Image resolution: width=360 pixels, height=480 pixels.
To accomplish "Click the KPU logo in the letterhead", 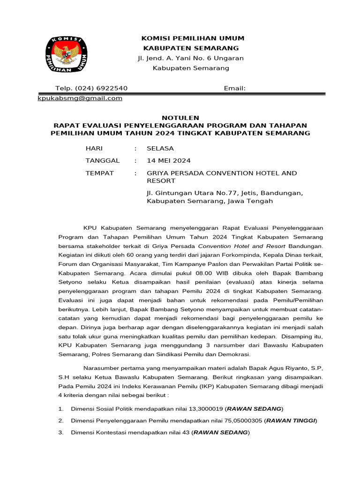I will click(x=66, y=53).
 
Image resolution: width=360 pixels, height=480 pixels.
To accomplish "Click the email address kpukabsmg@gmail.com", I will click(x=80, y=98).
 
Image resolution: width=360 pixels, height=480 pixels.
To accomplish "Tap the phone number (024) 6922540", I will click(x=104, y=88).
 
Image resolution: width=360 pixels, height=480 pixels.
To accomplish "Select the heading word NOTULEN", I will click(x=180, y=118).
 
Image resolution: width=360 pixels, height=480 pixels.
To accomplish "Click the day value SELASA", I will click(x=160, y=148).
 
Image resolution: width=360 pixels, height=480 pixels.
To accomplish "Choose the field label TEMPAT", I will click(x=99, y=173).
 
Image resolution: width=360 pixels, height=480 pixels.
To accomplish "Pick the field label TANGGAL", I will click(x=102, y=160).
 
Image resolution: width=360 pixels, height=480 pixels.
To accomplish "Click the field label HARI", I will click(x=94, y=148).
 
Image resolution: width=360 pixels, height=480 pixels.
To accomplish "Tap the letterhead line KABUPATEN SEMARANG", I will click(x=191, y=48).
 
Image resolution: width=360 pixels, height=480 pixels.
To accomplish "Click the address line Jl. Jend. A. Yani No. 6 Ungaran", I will click(x=190, y=58).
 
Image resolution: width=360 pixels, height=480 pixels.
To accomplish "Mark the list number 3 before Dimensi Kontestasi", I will click(x=61, y=433).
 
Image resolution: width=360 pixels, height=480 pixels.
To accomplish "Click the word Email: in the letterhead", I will click(x=235, y=88).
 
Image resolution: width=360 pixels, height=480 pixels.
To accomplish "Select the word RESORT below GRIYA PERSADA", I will click(x=161, y=180).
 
